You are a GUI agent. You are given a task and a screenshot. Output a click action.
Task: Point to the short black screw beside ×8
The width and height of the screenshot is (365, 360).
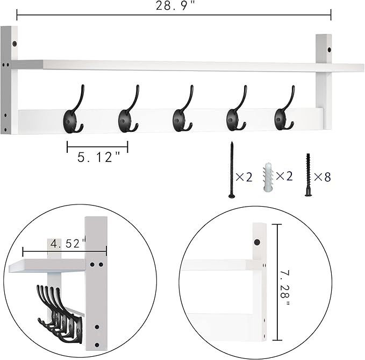tap(309, 175)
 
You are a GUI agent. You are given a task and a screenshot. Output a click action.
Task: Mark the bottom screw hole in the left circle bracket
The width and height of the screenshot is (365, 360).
tap(97, 344)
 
